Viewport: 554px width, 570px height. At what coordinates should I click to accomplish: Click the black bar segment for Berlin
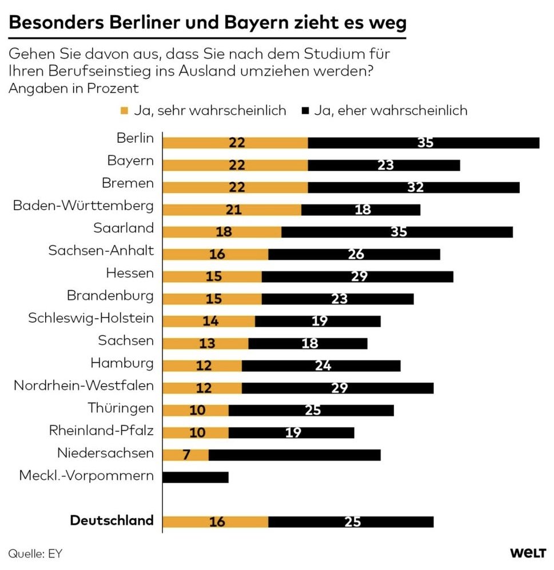pyautogui.click(x=424, y=143)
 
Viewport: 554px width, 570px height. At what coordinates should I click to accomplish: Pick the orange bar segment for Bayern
pyautogui.click(x=235, y=165)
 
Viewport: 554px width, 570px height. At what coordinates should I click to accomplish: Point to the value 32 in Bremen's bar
pyautogui.click(x=413, y=187)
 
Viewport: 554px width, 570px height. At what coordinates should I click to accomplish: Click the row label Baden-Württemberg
pyautogui.click(x=83, y=205)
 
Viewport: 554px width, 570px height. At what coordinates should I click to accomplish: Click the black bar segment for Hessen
pyautogui.click(x=357, y=276)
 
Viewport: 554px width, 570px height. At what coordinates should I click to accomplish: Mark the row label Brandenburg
pyautogui.click(x=110, y=295)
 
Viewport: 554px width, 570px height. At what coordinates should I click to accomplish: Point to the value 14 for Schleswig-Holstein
pyautogui.click(x=210, y=321)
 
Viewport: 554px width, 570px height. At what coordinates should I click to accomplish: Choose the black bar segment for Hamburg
pyautogui.click(x=321, y=366)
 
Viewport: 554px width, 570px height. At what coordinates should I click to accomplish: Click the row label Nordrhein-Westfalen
pyautogui.click(x=83, y=386)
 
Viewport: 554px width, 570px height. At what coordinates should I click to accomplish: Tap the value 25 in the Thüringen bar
pyautogui.click(x=312, y=410)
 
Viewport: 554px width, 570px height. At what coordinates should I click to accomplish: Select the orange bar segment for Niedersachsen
pyautogui.click(x=186, y=455)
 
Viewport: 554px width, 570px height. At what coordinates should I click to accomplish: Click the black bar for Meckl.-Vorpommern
pyautogui.click(x=196, y=477)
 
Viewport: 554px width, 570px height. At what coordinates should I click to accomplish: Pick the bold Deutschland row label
pyautogui.click(x=111, y=520)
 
